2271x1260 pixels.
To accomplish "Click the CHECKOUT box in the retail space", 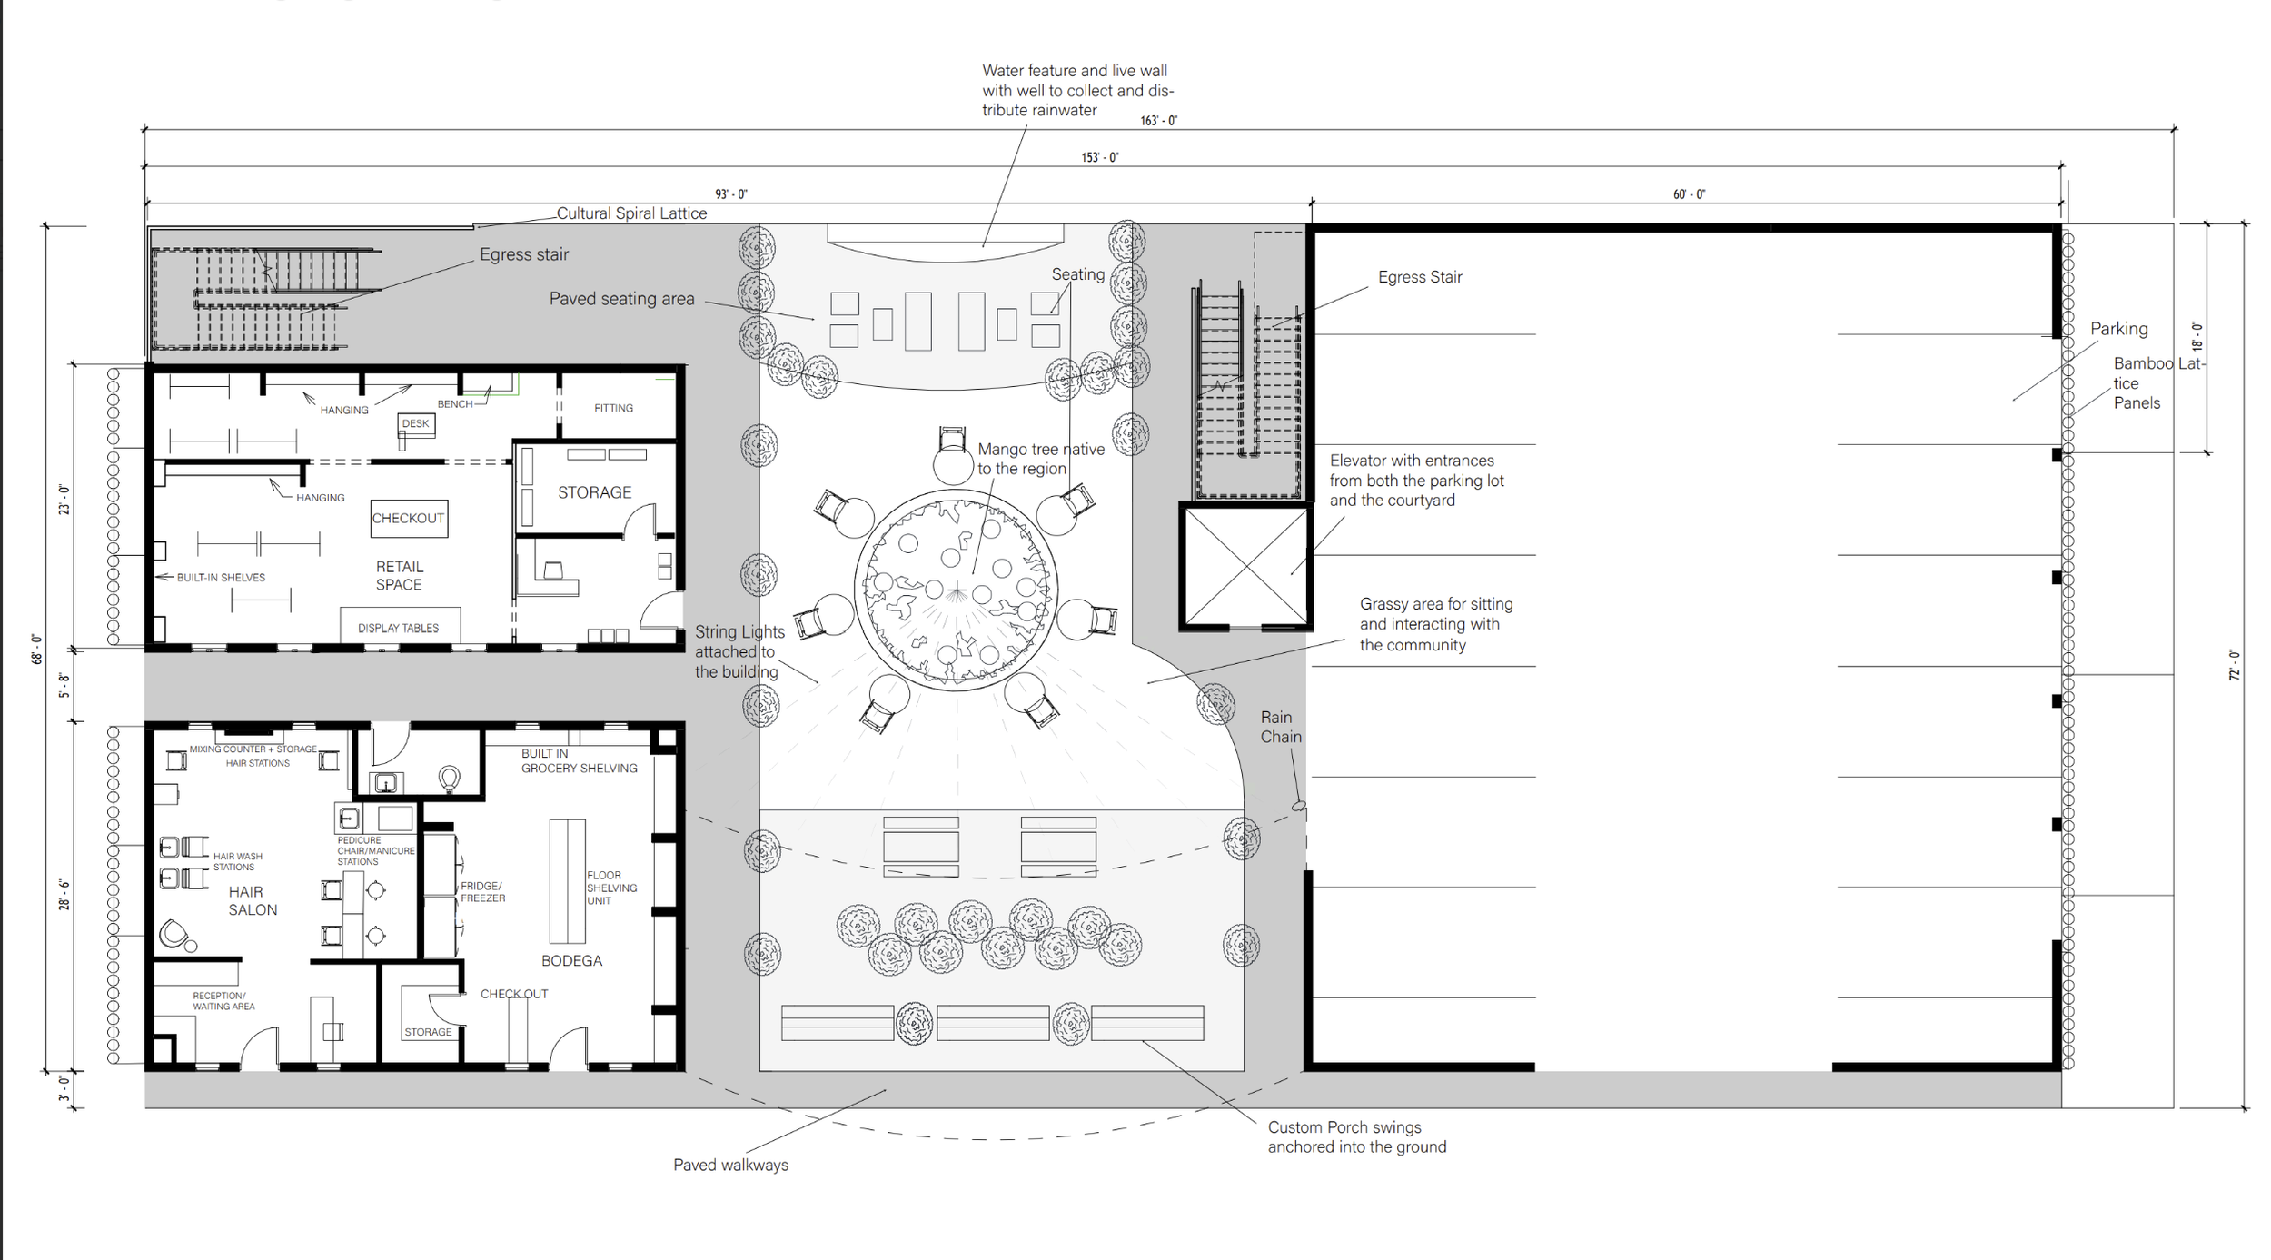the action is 409,518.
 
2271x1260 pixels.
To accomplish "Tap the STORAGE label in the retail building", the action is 594,492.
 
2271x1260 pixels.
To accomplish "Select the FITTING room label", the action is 613,408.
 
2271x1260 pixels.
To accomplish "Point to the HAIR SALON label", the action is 253,900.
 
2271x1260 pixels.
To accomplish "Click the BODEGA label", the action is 571,960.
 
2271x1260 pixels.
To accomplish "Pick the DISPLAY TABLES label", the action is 398,628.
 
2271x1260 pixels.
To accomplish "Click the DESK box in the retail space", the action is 416,424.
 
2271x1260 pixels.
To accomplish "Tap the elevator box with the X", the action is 1245,566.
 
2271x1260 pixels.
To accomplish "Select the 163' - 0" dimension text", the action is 1158,120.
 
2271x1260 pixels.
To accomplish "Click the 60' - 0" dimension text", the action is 1689,193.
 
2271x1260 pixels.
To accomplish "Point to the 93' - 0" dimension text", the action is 730,193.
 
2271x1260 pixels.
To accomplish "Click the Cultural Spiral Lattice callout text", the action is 631,213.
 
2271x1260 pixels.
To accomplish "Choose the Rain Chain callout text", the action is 1281,727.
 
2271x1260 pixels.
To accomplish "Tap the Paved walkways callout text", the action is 730,1165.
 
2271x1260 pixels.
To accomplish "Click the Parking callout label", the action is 2118,329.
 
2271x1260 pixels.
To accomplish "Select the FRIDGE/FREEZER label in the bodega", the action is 482,891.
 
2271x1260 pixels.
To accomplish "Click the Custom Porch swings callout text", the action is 1357,1136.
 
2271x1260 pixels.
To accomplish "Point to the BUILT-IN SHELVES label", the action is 221,577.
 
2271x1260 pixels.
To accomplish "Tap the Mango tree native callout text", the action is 1041,459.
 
